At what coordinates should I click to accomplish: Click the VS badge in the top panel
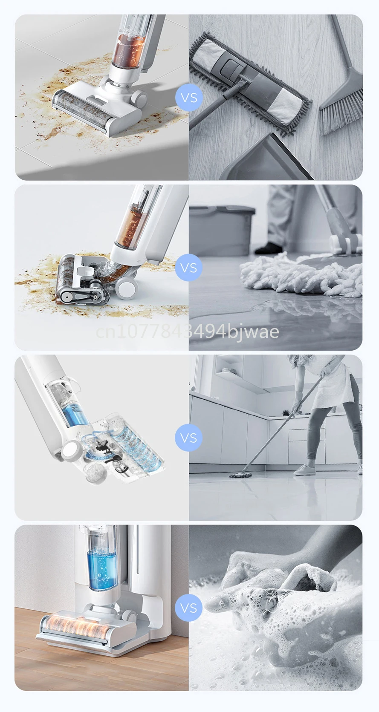pos(189,98)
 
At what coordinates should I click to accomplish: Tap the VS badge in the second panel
pos(189,268)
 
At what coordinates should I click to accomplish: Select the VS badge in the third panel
pos(189,438)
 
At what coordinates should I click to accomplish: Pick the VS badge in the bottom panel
pos(189,608)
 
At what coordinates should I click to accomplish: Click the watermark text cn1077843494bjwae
pos(188,332)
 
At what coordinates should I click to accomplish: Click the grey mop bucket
pos(222,229)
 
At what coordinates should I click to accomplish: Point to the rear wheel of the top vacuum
pos(139,99)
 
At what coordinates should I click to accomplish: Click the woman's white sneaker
pos(304,470)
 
